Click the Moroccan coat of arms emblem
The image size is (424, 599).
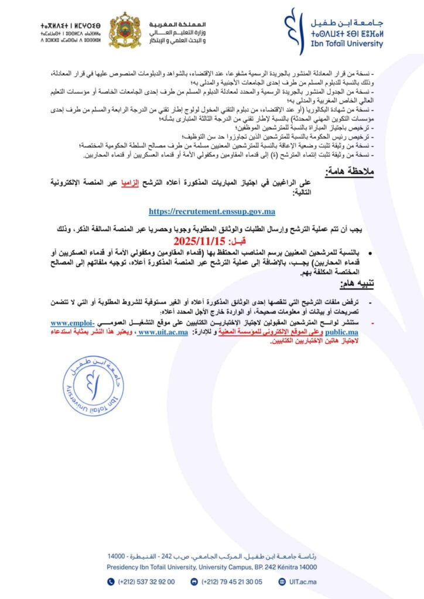pos(125,30)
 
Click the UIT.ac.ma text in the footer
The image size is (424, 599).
pos(303,581)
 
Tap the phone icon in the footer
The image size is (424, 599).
pos(111,581)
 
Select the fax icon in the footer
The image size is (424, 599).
pos(194,581)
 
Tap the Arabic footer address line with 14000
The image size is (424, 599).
pos(211,555)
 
